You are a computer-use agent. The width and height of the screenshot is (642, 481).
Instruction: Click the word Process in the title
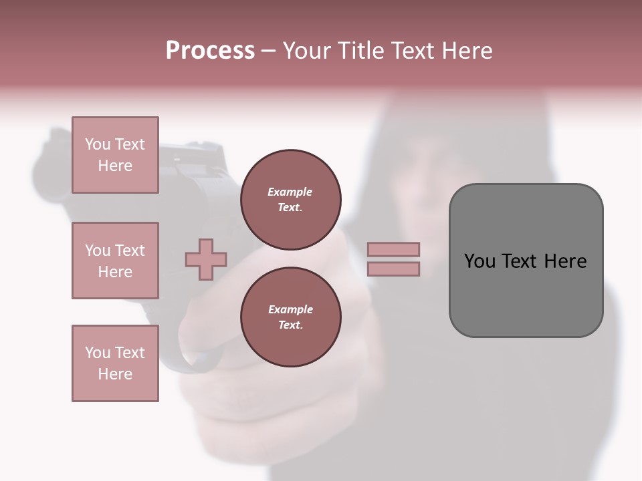click(210, 51)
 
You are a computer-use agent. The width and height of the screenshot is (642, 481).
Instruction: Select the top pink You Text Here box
click(115, 155)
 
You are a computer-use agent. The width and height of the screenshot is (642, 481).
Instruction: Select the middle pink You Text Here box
click(115, 261)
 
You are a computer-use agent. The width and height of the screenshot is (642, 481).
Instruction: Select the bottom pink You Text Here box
click(115, 363)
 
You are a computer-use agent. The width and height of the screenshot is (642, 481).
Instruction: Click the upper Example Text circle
click(290, 200)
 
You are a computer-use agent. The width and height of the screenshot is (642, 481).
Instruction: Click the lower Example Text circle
click(290, 317)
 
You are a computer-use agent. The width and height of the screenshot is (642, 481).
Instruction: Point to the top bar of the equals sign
click(393, 249)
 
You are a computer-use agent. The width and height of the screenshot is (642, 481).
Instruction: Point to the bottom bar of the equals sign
click(393, 269)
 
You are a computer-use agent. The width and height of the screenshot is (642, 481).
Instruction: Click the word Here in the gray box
click(565, 261)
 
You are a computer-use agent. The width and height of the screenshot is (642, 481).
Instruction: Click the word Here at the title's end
click(468, 51)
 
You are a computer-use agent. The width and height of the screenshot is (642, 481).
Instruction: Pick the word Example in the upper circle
click(290, 192)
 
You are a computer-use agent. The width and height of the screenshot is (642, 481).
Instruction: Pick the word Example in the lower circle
click(290, 309)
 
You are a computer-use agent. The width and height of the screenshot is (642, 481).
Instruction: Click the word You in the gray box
click(479, 261)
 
